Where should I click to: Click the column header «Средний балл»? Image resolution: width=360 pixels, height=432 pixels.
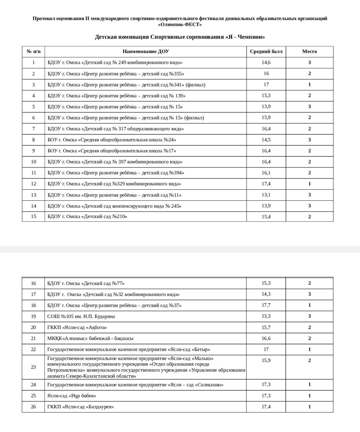click(x=266, y=51)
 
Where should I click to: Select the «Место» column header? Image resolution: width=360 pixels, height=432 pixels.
click(x=309, y=51)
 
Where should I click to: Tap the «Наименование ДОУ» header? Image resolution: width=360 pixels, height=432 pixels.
click(x=146, y=51)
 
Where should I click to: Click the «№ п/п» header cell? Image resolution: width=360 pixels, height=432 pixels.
click(x=33, y=51)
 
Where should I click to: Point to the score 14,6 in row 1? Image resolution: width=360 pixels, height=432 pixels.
click(x=266, y=62)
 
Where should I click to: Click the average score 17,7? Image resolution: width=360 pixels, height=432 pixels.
click(x=266, y=305)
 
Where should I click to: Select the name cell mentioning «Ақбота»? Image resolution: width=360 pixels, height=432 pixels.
click(x=77, y=327)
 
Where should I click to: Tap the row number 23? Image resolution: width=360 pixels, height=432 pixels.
click(x=33, y=367)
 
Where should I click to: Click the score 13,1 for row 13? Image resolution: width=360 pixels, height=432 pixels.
click(x=266, y=195)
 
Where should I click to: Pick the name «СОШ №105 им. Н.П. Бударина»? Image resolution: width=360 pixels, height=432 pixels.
click(x=81, y=316)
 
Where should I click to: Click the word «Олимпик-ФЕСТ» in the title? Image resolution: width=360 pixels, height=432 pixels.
click(x=180, y=24)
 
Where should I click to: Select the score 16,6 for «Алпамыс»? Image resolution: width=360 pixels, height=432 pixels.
click(x=266, y=338)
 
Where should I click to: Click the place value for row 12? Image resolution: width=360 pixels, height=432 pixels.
click(x=309, y=184)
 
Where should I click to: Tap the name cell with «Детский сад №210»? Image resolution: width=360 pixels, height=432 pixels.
click(x=87, y=216)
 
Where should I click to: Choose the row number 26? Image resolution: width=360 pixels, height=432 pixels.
click(x=33, y=407)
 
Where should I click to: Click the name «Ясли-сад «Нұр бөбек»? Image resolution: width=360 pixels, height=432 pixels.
click(x=72, y=396)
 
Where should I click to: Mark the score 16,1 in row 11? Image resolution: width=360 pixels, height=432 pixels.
click(x=266, y=173)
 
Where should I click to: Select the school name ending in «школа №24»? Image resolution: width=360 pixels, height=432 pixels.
click(x=112, y=140)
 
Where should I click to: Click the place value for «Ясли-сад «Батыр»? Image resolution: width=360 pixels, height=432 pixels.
click(x=309, y=349)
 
